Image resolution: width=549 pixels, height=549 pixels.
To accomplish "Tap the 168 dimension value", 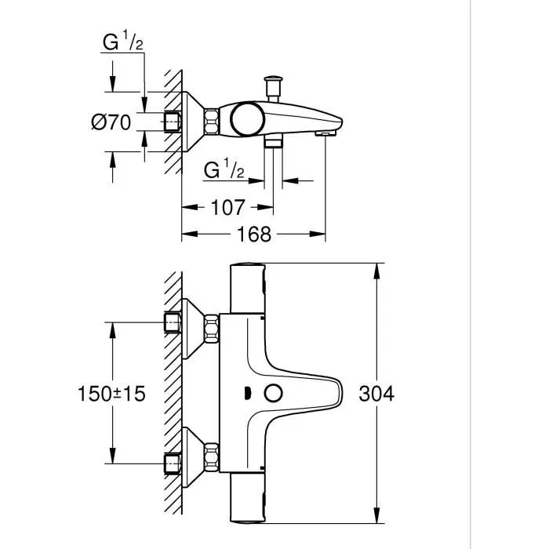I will tap(253, 234).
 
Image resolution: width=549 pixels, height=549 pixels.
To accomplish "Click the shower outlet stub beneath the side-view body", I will tap(273, 142).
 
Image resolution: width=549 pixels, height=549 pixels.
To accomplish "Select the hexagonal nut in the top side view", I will tap(212, 122).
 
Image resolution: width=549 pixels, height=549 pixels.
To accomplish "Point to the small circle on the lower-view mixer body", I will tap(274, 394).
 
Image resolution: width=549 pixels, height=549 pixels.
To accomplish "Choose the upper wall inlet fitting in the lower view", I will tap(172, 322).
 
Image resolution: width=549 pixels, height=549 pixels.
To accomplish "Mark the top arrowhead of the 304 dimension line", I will tap(378, 270).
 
